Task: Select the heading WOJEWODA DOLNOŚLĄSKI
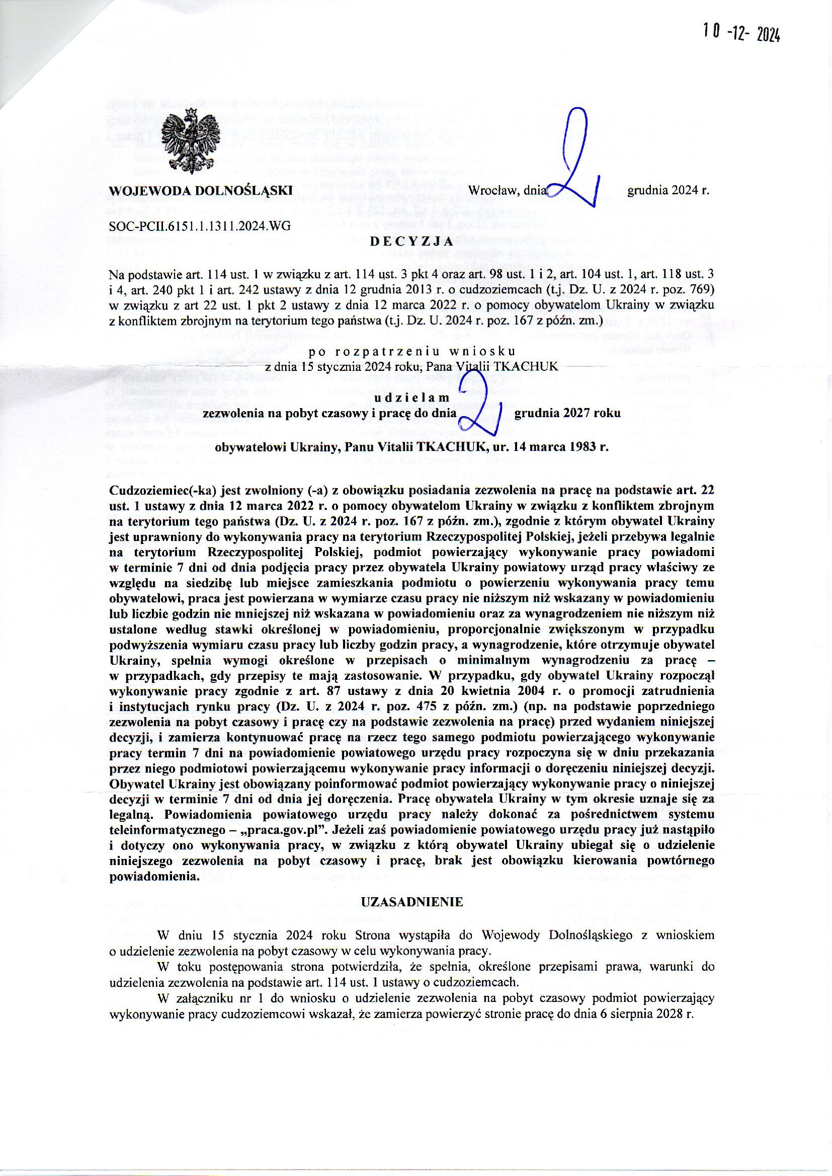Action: coord(201,191)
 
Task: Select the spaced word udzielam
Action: coord(412,397)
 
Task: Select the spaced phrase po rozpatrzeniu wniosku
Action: coord(412,352)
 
